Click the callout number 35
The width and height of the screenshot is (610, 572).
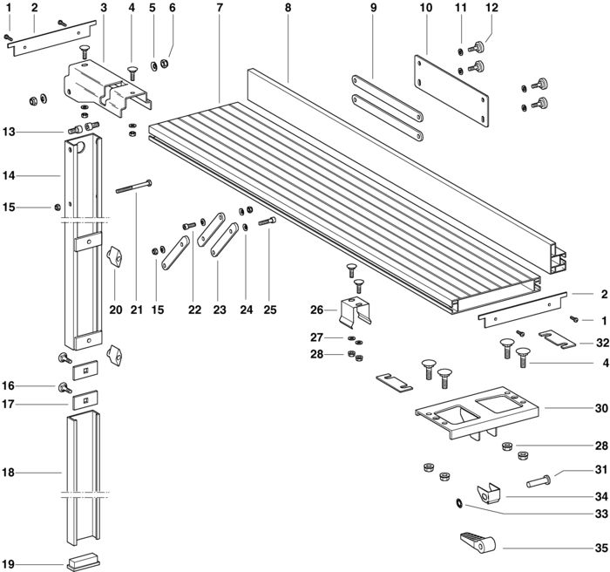point(601,548)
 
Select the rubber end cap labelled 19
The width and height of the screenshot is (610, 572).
point(84,562)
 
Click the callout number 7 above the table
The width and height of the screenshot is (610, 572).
point(220,7)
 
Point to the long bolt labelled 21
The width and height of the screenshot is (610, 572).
point(134,186)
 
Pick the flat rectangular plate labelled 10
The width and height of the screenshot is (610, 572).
point(451,91)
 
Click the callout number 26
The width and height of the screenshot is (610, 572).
point(316,310)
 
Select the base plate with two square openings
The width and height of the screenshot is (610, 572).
point(477,413)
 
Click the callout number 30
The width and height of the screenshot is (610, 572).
point(601,408)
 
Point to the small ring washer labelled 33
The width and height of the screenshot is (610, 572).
point(459,503)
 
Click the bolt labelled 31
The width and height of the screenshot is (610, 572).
point(538,481)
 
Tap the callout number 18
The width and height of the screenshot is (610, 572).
point(8,473)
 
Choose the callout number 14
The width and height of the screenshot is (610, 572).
point(8,176)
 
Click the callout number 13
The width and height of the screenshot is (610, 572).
point(8,132)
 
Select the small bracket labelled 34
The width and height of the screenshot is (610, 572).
point(489,494)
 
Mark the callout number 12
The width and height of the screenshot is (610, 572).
point(491,7)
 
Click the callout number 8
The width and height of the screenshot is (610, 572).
point(288,7)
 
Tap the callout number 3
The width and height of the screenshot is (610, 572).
point(104,7)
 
